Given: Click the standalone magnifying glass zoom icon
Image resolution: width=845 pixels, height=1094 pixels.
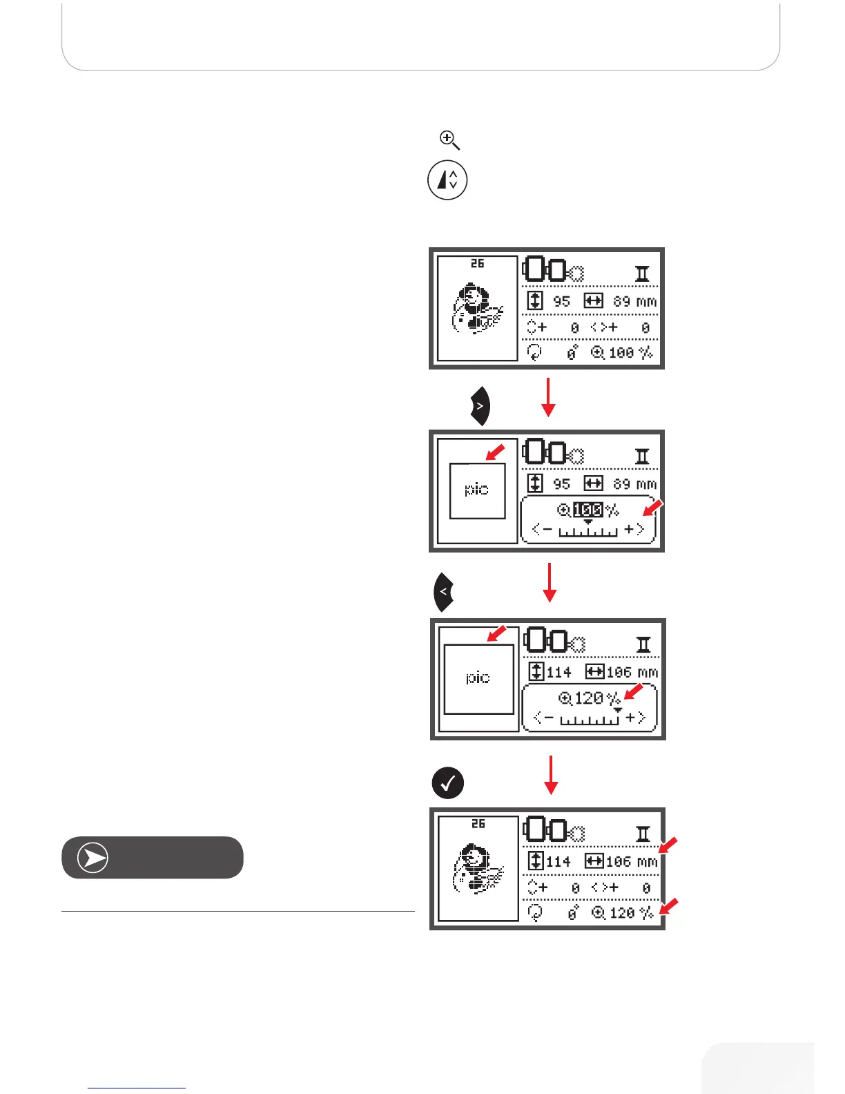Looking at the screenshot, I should (x=449, y=140).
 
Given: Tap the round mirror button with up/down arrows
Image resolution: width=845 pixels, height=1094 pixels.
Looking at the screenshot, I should (x=447, y=180).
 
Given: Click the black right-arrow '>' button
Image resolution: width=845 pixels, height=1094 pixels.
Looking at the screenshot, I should (x=480, y=407).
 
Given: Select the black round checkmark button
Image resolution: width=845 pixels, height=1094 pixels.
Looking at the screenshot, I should (x=447, y=783).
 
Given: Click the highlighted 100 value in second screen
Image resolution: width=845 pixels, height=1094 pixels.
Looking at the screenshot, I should (x=587, y=510).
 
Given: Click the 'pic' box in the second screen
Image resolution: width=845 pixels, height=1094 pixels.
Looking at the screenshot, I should (x=477, y=490).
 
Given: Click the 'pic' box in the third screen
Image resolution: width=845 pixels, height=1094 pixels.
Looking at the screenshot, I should (x=478, y=678).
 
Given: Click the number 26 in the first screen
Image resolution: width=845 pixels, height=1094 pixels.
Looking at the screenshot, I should (x=477, y=264).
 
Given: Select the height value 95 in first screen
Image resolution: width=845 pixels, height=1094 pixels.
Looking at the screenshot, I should (x=561, y=302).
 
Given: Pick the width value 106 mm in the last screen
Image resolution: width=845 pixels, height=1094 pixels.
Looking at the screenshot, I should (x=630, y=862).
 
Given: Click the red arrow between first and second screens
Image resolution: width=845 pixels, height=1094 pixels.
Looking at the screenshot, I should (x=548, y=397).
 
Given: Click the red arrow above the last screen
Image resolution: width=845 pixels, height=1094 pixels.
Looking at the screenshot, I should (x=551, y=775).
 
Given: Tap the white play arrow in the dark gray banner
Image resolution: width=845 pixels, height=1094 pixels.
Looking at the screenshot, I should (x=93, y=858).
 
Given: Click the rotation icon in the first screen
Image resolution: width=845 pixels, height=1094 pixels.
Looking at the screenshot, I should (x=534, y=353).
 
